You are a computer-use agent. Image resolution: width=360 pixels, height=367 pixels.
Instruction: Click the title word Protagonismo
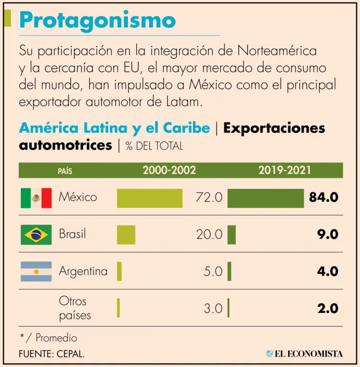click(97, 20)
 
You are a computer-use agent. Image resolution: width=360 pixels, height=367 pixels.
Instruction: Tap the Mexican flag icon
click(36, 198)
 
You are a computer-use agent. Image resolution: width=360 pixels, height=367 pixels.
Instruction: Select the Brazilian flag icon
click(36, 235)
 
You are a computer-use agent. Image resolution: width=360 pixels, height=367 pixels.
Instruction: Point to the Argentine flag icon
click(36, 271)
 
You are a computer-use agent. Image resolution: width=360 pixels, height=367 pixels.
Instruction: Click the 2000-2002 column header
click(169, 170)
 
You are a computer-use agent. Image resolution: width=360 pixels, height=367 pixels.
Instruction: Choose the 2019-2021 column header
click(285, 170)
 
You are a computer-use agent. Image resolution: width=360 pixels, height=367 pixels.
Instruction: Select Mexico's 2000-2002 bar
click(149, 198)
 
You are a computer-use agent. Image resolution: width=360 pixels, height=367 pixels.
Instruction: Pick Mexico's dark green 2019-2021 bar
click(265, 198)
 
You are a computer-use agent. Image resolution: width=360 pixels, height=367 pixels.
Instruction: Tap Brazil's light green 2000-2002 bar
click(126, 235)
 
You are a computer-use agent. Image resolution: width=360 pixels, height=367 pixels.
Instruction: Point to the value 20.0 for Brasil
click(209, 235)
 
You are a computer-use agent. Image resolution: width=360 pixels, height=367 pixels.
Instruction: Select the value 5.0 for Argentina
click(213, 271)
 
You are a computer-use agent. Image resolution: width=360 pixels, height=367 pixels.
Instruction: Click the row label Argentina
click(83, 271)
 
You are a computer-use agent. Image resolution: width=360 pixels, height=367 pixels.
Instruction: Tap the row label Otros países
click(75, 308)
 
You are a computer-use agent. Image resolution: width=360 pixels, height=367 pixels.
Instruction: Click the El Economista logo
click(304, 354)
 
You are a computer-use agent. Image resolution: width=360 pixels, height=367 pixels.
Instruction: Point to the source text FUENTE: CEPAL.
click(53, 354)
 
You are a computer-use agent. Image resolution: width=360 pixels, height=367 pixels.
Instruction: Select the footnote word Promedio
click(56, 338)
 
